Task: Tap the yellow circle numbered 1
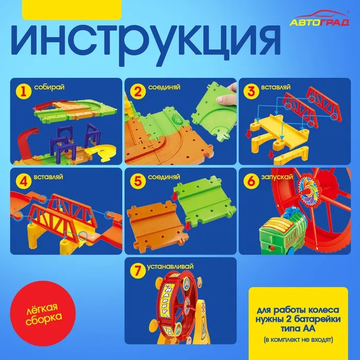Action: [23, 92]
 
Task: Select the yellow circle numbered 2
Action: [138, 92]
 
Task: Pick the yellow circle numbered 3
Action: [251, 91]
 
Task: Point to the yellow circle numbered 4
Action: [24, 181]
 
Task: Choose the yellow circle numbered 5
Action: [137, 181]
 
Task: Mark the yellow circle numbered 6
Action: [251, 181]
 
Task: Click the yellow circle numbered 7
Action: [137, 271]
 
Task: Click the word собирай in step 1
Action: [49, 87]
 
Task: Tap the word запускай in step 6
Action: [277, 177]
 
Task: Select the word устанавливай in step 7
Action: [170, 266]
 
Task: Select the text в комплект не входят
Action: [298, 339]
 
